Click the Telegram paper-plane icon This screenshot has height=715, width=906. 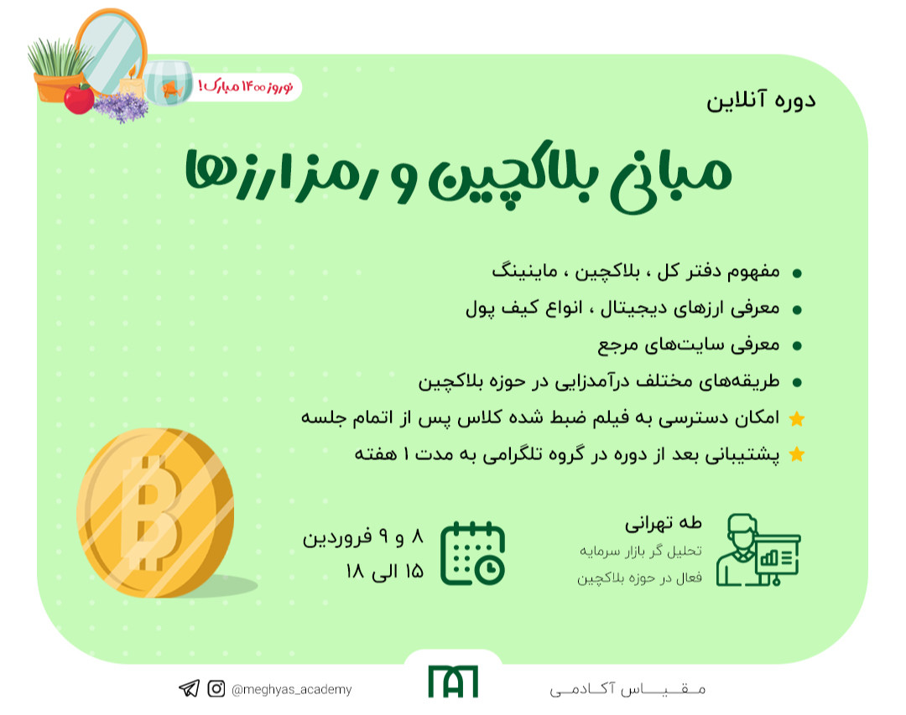tap(189, 689)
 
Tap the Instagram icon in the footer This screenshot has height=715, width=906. tap(216, 689)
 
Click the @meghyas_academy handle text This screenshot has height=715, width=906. tap(291, 689)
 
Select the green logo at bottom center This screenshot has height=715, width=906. tap(452, 681)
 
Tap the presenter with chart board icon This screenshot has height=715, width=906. tap(758, 549)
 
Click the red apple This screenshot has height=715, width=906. tap(79, 99)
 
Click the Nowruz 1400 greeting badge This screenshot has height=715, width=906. tap(249, 86)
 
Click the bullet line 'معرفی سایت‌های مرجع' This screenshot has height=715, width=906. tap(689, 345)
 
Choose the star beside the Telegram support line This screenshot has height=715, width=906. tap(797, 455)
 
